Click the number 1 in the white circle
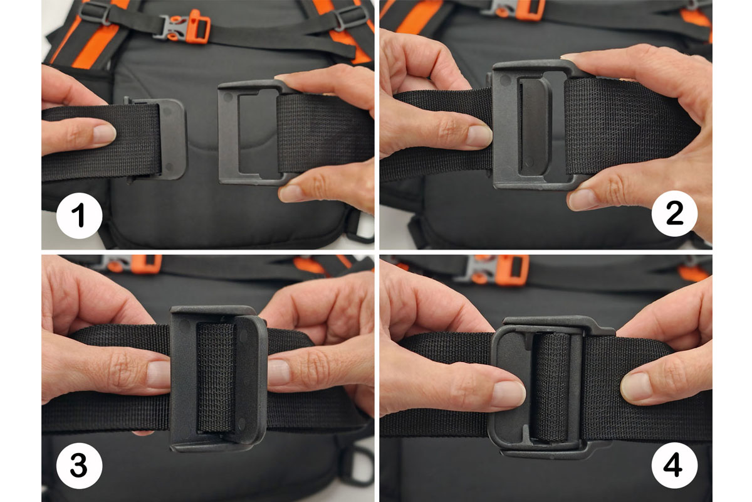click(78, 215)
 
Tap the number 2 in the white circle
click(674, 213)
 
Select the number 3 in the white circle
click(79, 466)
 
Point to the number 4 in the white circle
click(674, 465)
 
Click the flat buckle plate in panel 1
click(172, 139)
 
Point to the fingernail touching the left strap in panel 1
click(105, 133)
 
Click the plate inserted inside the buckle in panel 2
click(533, 126)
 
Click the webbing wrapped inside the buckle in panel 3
click(216, 376)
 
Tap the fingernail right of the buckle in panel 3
click(279, 372)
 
